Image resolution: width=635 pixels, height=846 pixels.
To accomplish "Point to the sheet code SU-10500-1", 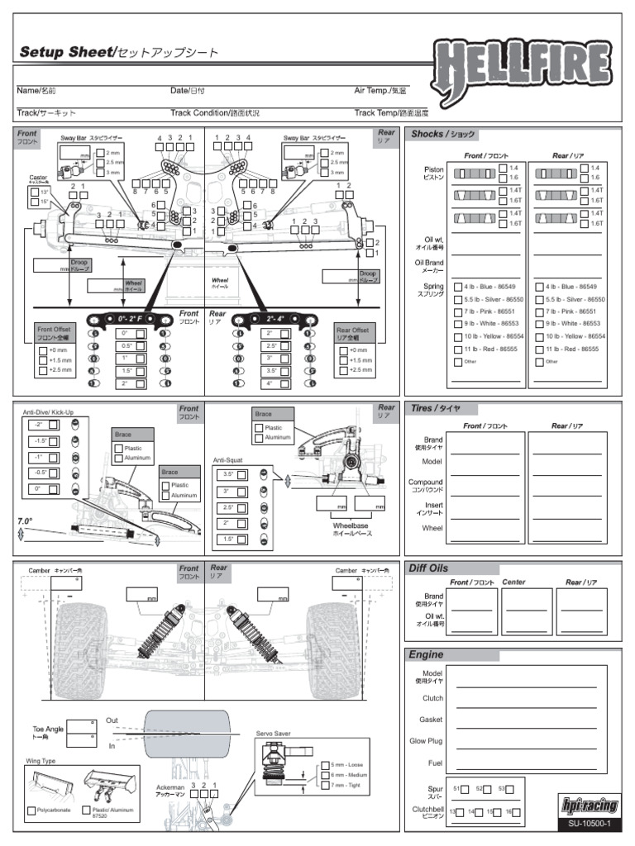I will (x=589, y=824).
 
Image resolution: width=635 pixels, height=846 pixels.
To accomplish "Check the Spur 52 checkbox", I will (x=489, y=789).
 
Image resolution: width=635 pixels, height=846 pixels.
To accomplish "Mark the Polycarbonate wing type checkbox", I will (x=31, y=810).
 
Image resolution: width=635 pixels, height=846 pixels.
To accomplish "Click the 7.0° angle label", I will (x=25, y=521).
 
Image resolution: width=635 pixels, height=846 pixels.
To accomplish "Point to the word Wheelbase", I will (x=351, y=525).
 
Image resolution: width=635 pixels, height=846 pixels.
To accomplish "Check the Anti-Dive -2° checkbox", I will (x=54, y=425).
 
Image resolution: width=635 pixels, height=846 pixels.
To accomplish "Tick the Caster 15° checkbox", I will (x=34, y=202).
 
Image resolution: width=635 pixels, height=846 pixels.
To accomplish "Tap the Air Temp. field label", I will (x=380, y=90).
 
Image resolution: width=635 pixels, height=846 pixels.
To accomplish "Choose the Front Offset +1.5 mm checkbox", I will (x=43, y=361).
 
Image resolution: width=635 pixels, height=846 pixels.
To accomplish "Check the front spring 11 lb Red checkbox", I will (x=458, y=349).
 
